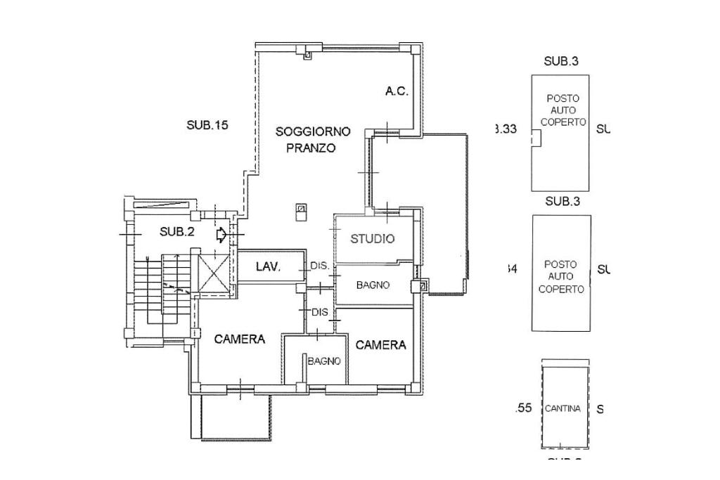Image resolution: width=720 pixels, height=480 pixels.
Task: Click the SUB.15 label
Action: point(207,126)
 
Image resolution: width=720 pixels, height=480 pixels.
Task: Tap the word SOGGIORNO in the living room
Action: point(313,131)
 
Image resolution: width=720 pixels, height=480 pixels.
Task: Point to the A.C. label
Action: point(397,91)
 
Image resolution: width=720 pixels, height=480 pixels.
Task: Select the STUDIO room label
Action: point(373,239)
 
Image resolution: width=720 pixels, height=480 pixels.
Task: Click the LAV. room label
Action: point(269,267)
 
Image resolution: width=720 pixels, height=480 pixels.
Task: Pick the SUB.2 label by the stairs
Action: point(176,232)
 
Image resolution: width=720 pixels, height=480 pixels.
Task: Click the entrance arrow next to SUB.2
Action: point(221,234)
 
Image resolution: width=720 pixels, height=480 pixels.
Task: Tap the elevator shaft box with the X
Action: point(213,273)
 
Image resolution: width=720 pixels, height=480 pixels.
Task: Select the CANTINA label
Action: point(562,409)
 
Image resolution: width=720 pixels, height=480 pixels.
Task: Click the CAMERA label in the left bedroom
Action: point(240,339)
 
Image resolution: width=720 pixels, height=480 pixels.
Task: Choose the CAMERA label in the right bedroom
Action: point(380,345)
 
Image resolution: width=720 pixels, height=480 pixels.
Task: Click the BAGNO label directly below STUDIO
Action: point(373,285)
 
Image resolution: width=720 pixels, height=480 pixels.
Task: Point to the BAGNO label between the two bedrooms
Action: point(324,361)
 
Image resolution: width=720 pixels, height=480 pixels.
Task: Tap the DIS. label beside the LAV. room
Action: point(320,266)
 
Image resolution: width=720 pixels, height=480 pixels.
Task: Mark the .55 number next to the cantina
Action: point(523,408)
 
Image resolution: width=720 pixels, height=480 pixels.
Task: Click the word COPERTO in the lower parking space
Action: point(561,289)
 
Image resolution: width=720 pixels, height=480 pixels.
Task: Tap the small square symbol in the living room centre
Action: point(301,209)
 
